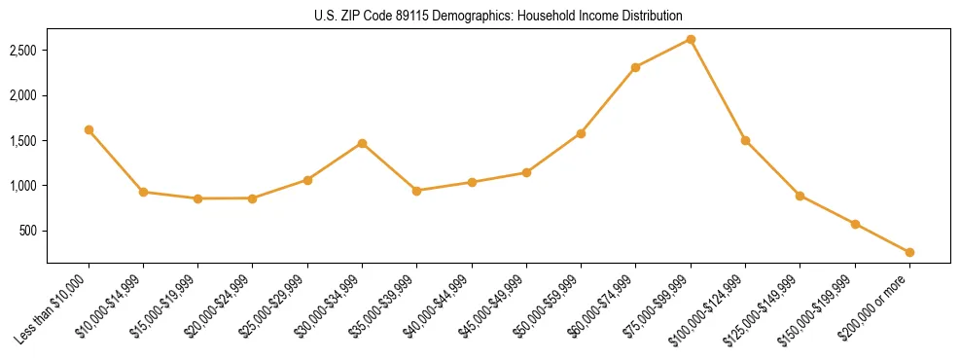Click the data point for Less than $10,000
coord(89,129)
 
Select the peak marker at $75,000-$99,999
coord(691,39)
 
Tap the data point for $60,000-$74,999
coord(635,67)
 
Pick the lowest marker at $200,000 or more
coord(909,252)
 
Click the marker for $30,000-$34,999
coord(362,143)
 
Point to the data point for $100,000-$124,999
coord(745,140)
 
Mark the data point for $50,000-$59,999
coord(581,133)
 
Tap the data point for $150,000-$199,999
coord(855,224)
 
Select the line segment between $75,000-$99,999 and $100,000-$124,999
coord(718,90)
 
